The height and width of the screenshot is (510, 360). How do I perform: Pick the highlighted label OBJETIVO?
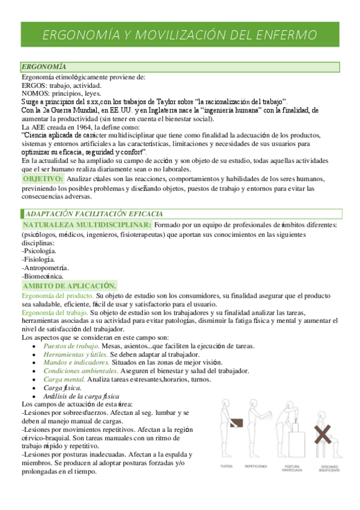(43, 179)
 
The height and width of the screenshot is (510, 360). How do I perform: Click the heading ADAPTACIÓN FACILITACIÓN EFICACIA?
(94, 214)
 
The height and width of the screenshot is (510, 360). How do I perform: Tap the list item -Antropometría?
(44, 267)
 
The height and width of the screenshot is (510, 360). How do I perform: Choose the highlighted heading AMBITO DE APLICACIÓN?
(70, 286)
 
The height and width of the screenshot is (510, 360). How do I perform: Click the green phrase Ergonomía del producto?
(57, 296)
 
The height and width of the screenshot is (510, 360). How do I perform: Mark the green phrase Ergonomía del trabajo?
(55, 313)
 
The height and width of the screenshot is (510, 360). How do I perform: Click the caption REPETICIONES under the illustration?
(257, 466)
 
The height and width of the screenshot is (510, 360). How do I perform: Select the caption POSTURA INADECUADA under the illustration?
(291, 468)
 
